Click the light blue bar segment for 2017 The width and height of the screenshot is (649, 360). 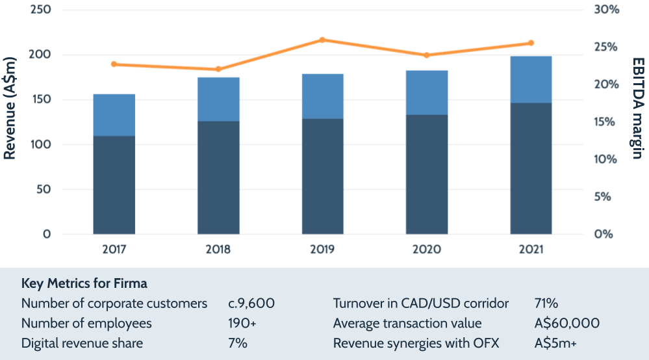click(x=114, y=115)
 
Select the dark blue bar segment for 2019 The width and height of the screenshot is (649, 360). click(x=323, y=176)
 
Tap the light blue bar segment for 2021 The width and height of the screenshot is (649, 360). click(x=531, y=79)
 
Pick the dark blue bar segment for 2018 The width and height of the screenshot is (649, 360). click(x=218, y=177)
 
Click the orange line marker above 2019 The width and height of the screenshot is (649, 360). click(x=323, y=40)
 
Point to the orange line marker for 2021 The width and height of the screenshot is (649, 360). click(x=531, y=43)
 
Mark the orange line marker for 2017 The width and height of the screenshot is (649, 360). click(x=114, y=64)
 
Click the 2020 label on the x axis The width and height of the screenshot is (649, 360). click(x=426, y=250)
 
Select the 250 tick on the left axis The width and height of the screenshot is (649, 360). click(x=40, y=10)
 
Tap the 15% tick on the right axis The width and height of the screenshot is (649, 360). click(x=604, y=122)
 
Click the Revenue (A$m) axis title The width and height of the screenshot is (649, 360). click(x=10, y=117)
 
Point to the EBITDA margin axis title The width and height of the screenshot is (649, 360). click(x=637, y=108)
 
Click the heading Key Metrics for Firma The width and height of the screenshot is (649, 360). click(x=84, y=284)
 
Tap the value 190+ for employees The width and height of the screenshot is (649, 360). click(x=238, y=324)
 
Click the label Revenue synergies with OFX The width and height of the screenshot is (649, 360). click(x=416, y=343)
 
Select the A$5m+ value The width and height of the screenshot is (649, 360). click(x=556, y=343)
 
